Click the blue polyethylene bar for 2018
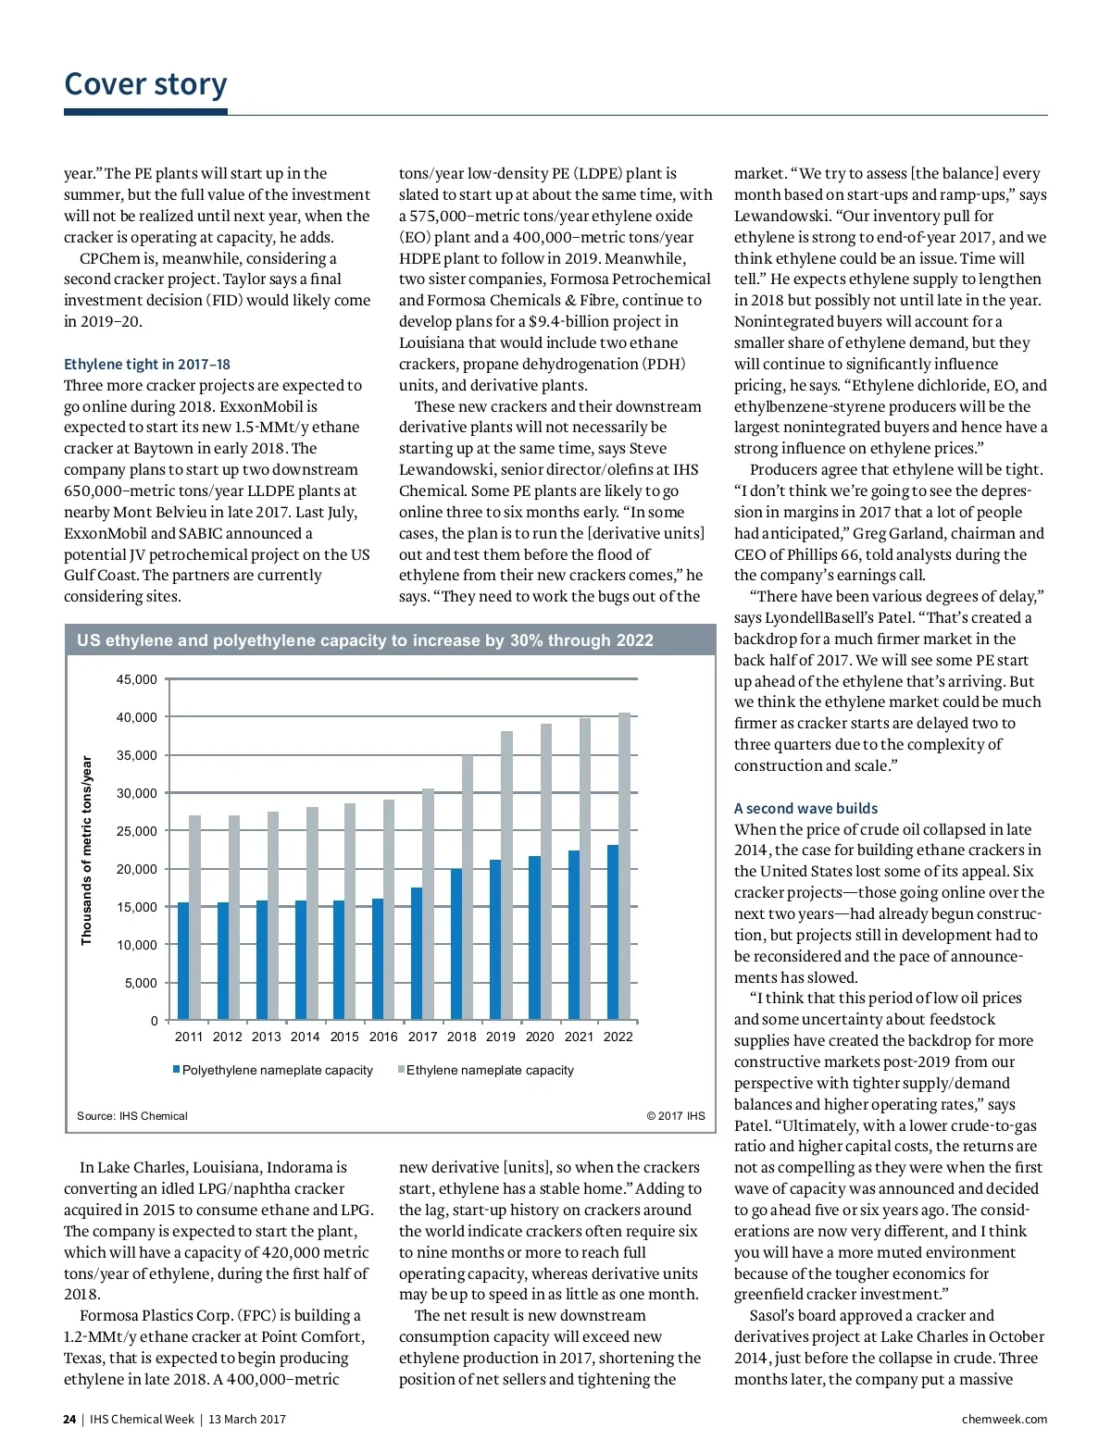456,944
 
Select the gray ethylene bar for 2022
624,866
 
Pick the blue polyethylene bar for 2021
574,935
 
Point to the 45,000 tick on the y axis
137,679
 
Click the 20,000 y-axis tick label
137,869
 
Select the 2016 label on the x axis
383,1037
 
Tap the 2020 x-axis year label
540,1037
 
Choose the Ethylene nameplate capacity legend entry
490,1070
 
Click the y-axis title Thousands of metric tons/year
87,851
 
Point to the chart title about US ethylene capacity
365,640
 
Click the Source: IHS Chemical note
132,1116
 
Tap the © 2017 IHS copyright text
675,1116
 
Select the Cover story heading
145,84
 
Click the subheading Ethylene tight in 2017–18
147,364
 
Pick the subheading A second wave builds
805,808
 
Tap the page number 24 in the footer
69,1419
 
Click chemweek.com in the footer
1005,1419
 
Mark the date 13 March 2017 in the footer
247,1419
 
